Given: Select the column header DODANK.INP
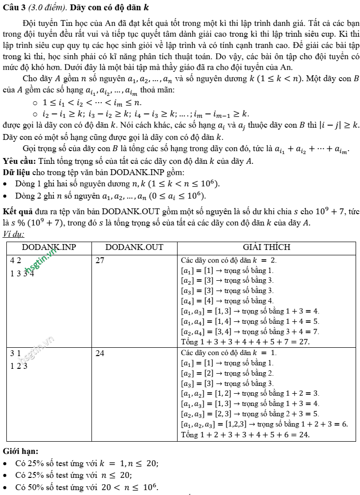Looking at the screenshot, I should (48, 247).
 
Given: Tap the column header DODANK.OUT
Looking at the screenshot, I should (134, 247).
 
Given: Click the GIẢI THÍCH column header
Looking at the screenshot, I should (267, 247).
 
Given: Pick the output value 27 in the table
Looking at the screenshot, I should (100, 260).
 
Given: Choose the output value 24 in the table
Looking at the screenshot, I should (100, 353).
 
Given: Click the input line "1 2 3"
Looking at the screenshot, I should (19, 365).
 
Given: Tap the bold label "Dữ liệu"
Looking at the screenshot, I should (15, 172).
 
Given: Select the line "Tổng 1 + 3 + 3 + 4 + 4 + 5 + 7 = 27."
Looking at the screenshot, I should (245, 341).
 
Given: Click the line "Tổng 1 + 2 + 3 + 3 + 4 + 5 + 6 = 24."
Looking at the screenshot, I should (245, 434).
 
